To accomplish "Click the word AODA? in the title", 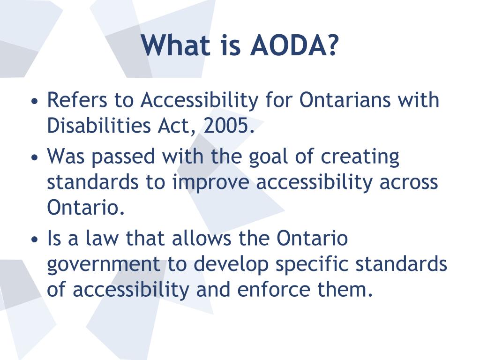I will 294,45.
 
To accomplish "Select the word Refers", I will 75,100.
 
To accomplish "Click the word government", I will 104,264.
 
